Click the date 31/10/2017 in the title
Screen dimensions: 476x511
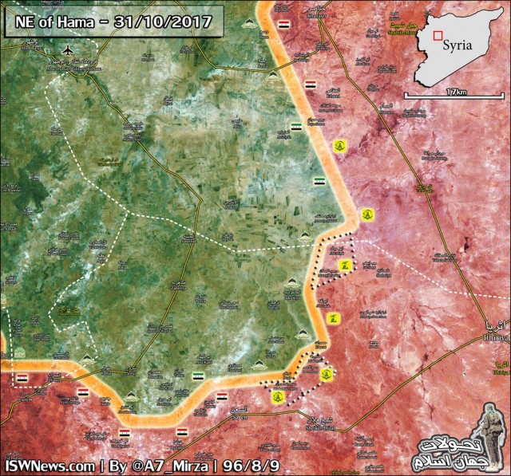click(168, 22)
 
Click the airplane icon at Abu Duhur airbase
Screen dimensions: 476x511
click(65, 52)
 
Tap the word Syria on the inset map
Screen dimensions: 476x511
click(458, 45)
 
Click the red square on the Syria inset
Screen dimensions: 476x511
click(436, 34)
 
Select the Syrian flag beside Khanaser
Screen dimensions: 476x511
click(285, 26)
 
